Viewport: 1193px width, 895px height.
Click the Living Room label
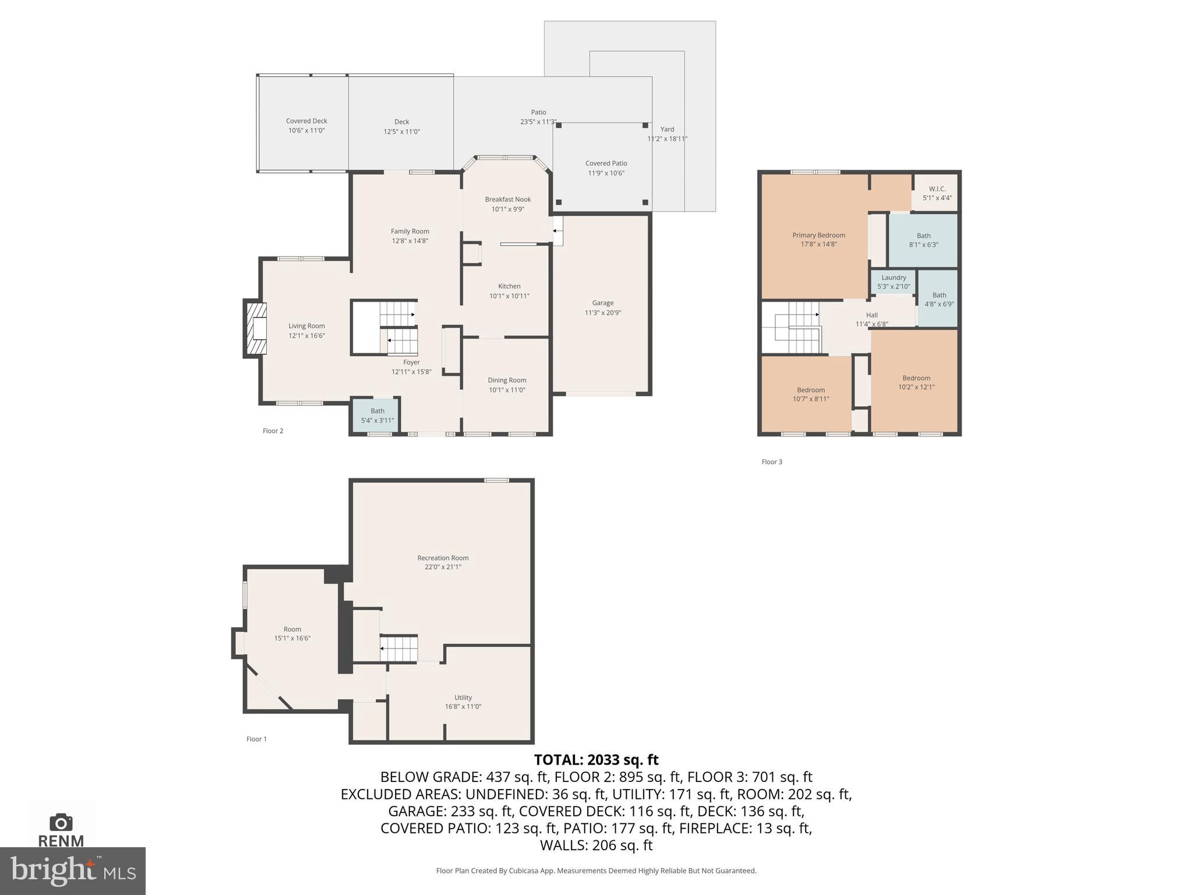[306, 326]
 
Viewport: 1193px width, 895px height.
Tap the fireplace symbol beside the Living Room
[256, 328]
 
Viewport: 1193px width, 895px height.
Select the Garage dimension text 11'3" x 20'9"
[602, 313]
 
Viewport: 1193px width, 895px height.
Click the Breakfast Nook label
[507, 199]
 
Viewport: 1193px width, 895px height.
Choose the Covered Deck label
[306, 121]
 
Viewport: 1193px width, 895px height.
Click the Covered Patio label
[606, 164]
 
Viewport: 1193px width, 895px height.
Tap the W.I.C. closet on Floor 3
[937, 192]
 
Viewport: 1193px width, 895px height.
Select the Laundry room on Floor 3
[893, 281]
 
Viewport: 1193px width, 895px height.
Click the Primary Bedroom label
[818, 235]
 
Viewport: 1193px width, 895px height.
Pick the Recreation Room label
[443, 558]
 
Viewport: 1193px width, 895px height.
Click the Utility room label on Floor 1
[463, 697]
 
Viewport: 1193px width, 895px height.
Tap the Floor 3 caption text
[772, 462]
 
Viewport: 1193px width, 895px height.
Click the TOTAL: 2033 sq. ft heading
[596, 760]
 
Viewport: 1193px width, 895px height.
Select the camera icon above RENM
[61, 822]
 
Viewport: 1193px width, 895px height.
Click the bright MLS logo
[72, 871]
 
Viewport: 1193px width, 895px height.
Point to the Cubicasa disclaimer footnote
[596, 871]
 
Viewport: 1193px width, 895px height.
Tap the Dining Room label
[507, 380]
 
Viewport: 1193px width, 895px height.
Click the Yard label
[667, 129]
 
